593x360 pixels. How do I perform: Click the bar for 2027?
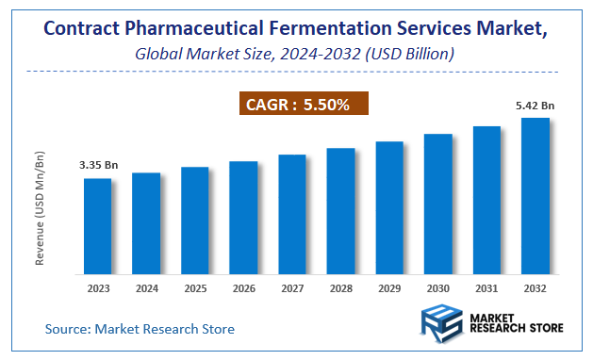click(292, 214)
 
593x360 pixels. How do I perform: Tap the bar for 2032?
click(535, 196)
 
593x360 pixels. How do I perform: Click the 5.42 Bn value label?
click(535, 106)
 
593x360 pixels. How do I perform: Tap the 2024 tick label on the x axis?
click(145, 289)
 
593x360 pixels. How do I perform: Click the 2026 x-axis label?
click(243, 289)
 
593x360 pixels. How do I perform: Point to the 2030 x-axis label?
click(438, 289)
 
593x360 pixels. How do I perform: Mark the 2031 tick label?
click(486, 289)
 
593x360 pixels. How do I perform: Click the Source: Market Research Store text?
click(140, 329)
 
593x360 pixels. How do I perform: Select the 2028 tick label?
click(340, 289)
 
